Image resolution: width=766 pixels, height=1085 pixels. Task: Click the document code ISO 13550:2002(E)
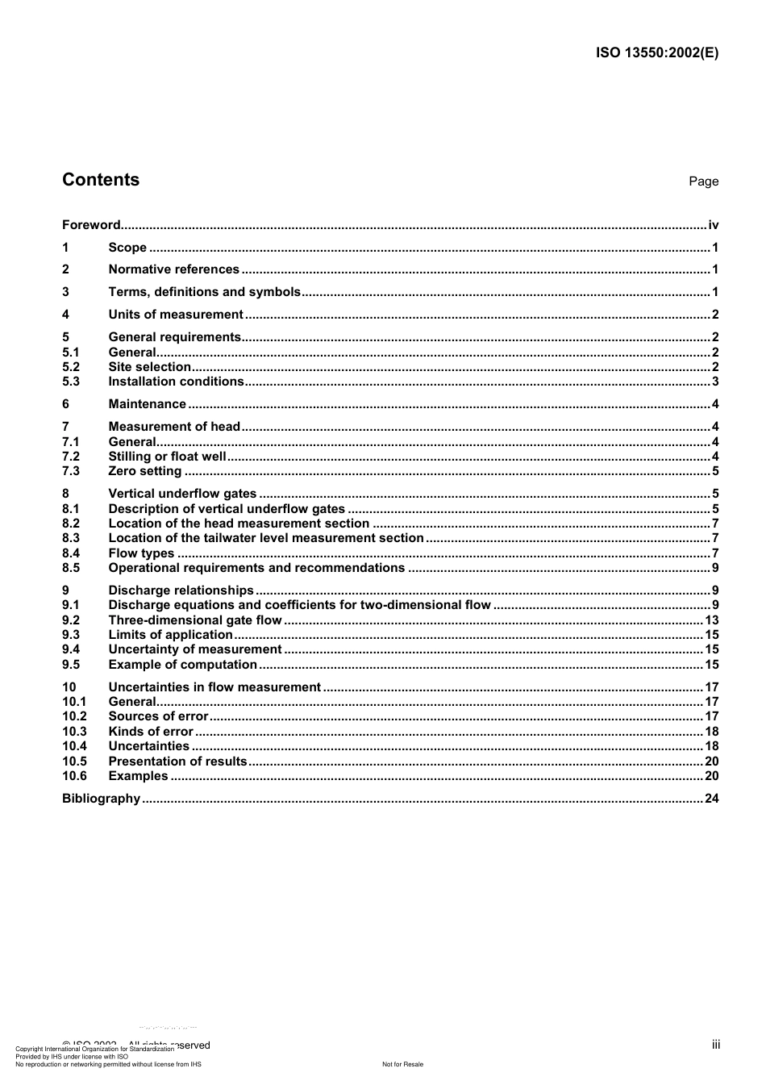(656, 53)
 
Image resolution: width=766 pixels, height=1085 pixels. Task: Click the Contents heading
(101, 180)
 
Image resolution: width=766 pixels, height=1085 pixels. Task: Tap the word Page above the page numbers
(703, 182)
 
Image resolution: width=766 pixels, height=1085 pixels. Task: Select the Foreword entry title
(91, 225)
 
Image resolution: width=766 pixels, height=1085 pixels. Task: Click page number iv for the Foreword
(713, 225)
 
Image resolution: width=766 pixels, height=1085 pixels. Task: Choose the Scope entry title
(127, 248)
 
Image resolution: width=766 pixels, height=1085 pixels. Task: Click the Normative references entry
(173, 269)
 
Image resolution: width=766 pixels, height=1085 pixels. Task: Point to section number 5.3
(71, 382)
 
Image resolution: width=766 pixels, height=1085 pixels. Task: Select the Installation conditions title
(176, 382)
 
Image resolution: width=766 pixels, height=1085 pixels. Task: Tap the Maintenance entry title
(147, 404)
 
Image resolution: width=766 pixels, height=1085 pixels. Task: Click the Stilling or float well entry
(167, 457)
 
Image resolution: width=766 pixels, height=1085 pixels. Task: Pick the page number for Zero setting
(715, 471)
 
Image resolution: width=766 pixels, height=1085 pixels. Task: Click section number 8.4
(71, 553)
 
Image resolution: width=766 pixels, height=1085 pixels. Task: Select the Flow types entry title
(141, 553)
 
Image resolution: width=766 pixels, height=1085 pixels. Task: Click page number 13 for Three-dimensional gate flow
(711, 620)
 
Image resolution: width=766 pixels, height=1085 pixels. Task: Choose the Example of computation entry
(182, 665)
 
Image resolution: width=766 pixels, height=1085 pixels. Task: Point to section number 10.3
(74, 732)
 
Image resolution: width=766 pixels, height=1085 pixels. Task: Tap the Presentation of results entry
(177, 762)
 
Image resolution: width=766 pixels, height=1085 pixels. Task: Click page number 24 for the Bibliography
(711, 799)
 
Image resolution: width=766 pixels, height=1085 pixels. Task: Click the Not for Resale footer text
(402, 1064)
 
